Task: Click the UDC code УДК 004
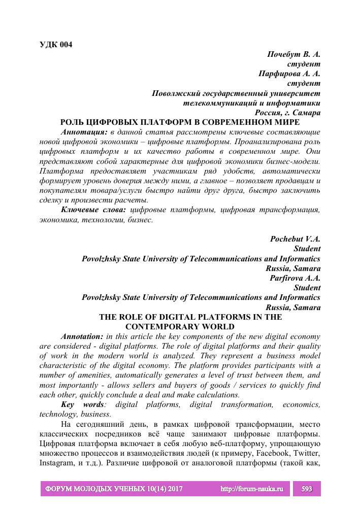point(56,44)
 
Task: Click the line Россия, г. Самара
point(288,113)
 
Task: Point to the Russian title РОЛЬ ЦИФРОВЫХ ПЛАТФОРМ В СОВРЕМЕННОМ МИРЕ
point(180,122)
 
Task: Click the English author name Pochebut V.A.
point(295,239)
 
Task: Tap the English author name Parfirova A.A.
point(294,278)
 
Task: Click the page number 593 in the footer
point(307,489)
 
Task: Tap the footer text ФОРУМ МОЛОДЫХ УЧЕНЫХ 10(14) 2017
point(114,489)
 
